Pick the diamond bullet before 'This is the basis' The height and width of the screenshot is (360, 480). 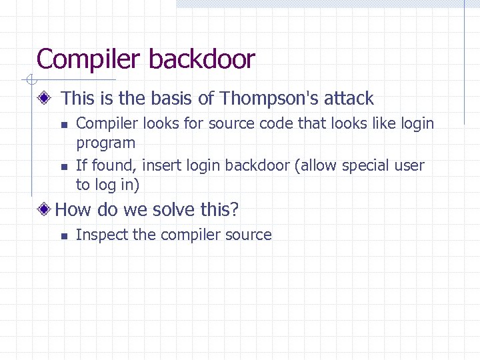(45, 99)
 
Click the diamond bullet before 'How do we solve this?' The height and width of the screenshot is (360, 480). (45, 210)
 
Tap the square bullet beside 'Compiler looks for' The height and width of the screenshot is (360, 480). (63, 125)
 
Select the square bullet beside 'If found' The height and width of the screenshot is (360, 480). (63, 166)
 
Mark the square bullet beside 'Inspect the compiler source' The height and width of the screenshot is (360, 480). (63, 235)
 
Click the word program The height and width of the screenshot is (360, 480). (105, 143)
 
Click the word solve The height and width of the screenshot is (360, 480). (175, 210)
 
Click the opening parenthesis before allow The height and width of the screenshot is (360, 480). (295, 165)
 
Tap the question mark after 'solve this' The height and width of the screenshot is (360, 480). (234, 210)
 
